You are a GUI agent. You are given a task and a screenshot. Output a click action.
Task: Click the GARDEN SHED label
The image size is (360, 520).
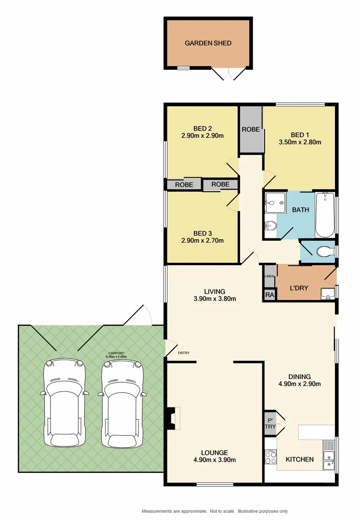pyautogui.click(x=208, y=43)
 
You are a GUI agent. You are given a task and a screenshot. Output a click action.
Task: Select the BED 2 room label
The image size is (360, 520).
pyautogui.click(x=203, y=129)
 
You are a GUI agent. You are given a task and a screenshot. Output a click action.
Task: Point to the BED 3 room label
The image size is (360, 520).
pyautogui.click(x=203, y=233)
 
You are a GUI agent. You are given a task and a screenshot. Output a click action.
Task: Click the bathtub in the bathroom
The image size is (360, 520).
pyautogui.click(x=325, y=215)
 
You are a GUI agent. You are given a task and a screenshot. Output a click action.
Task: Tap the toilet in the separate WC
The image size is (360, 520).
pyautogui.click(x=325, y=251)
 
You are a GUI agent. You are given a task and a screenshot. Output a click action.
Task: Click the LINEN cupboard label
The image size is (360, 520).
pyautogui.click(x=270, y=276)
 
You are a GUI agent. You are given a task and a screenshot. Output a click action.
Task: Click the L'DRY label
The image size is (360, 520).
pyautogui.click(x=299, y=288)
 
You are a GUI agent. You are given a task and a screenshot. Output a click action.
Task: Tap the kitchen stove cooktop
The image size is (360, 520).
pyautogui.click(x=270, y=456)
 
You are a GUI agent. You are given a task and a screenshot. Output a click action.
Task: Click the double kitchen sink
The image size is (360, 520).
pyautogui.click(x=329, y=455)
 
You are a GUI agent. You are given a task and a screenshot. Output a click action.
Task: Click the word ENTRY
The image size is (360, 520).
pyautogui.click(x=183, y=353)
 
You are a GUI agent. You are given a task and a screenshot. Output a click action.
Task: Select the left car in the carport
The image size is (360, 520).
pyautogui.click(x=64, y=403)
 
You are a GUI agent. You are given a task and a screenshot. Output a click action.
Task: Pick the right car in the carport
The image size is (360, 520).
pyautogui.click(x=122, y=403)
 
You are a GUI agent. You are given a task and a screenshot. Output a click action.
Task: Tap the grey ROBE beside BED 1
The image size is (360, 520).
pyautogui.click(x=251, y=129)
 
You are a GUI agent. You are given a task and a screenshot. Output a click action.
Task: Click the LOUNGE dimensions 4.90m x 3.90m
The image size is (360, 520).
pyautogui.click(x=215, y=460)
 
